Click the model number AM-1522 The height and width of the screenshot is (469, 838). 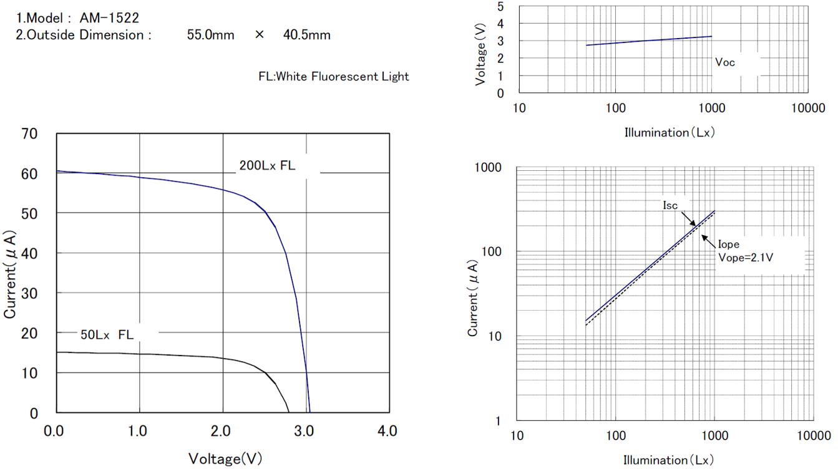[109, 19]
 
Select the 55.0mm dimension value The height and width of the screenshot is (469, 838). [210, 35]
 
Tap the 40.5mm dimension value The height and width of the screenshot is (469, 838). [306, 35]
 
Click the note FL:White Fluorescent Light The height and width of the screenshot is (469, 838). [334, 77]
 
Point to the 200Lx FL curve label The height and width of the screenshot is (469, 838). [267, 166]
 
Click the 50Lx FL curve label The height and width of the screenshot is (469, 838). [107, 335]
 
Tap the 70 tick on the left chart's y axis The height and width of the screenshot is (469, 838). [30, 133]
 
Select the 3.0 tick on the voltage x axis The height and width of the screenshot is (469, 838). [305, 431]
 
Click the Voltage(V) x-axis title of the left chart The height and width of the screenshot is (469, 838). [225, 459]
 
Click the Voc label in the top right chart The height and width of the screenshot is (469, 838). [725, 62]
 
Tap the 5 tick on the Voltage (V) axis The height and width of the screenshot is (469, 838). [501, 6]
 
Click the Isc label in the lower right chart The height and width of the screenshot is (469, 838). [670, 205]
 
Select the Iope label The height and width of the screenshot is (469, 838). [729, 244]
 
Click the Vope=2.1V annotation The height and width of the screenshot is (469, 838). [746, 257]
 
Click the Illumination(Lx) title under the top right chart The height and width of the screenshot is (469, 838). [670, 132]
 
